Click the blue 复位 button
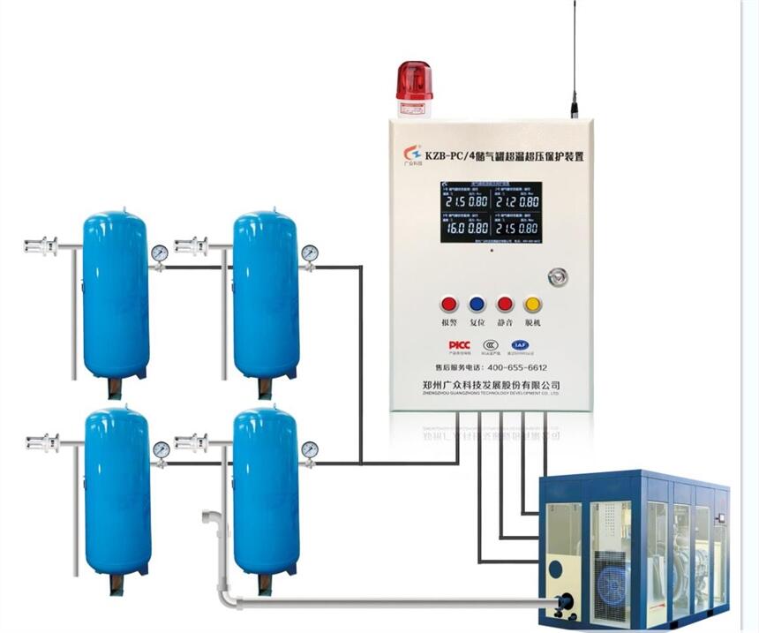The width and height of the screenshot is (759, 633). pyautogui.click(x=477, y=305)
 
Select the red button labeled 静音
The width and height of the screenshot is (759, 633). pyautogui.click(x=505, y=305)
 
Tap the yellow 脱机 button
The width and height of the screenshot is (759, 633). pyautogui.click(x=533, y=305)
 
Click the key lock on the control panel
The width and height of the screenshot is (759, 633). pyautogui.click(x=556, y=276)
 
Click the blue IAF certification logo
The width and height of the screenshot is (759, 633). pyautogui.click(x=519, y=344)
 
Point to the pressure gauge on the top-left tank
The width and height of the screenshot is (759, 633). pyautogui.click(x=159, y=253)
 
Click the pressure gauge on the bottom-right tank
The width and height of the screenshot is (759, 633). pyautogui.click(x=309, y=449)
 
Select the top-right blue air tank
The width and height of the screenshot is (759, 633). pyautogui.click(x=265, y=296)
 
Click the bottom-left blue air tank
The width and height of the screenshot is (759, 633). pyautogui.click(x=117, y=490)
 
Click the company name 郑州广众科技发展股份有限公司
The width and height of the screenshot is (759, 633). pyautogui.click(x=492, y=385)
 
